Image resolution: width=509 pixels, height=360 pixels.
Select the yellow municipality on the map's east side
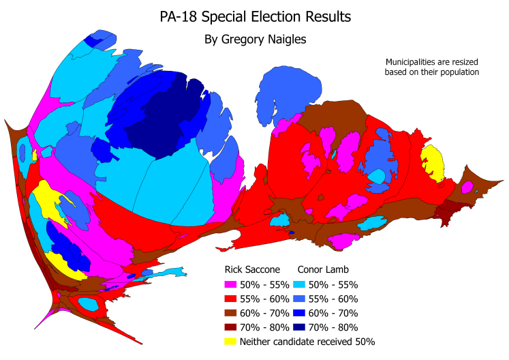(433, 162)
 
